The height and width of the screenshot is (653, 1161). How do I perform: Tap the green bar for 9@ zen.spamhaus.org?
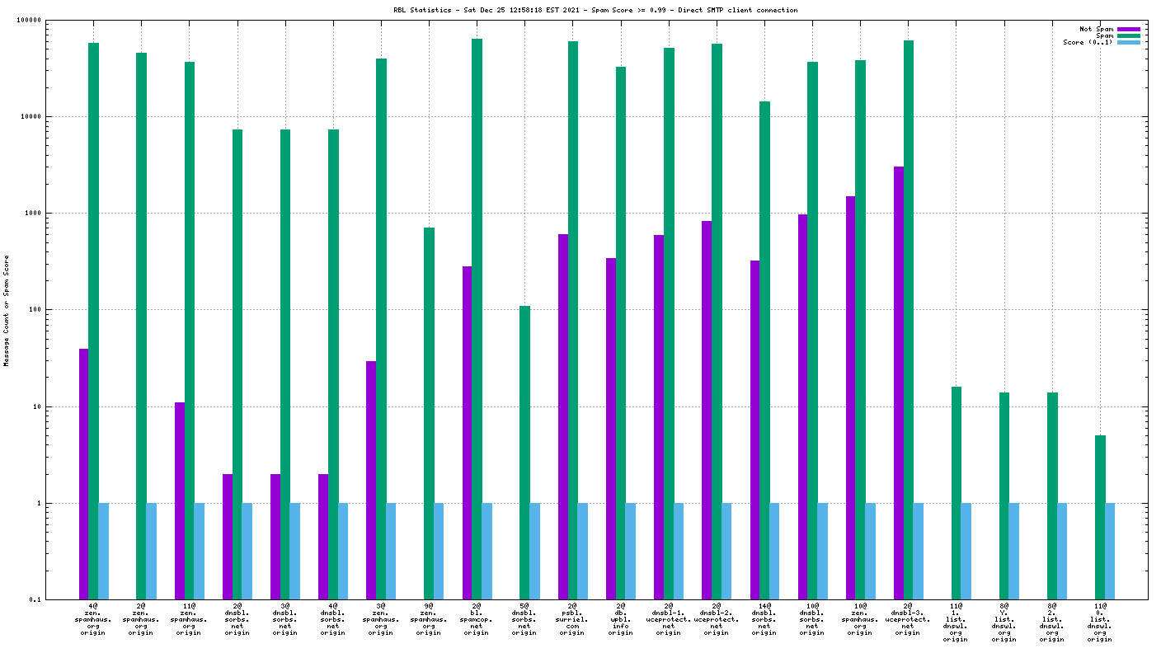(x=429, y=413)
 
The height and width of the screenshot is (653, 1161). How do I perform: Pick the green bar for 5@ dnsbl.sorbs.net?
(x=524, y=453)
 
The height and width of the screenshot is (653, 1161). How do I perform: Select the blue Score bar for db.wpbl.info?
(x=631, y=551)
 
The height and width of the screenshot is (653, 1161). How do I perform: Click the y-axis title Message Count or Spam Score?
(x=7, y=311)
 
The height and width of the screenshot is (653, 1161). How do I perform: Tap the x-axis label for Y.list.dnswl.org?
(x=1004, y=622)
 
